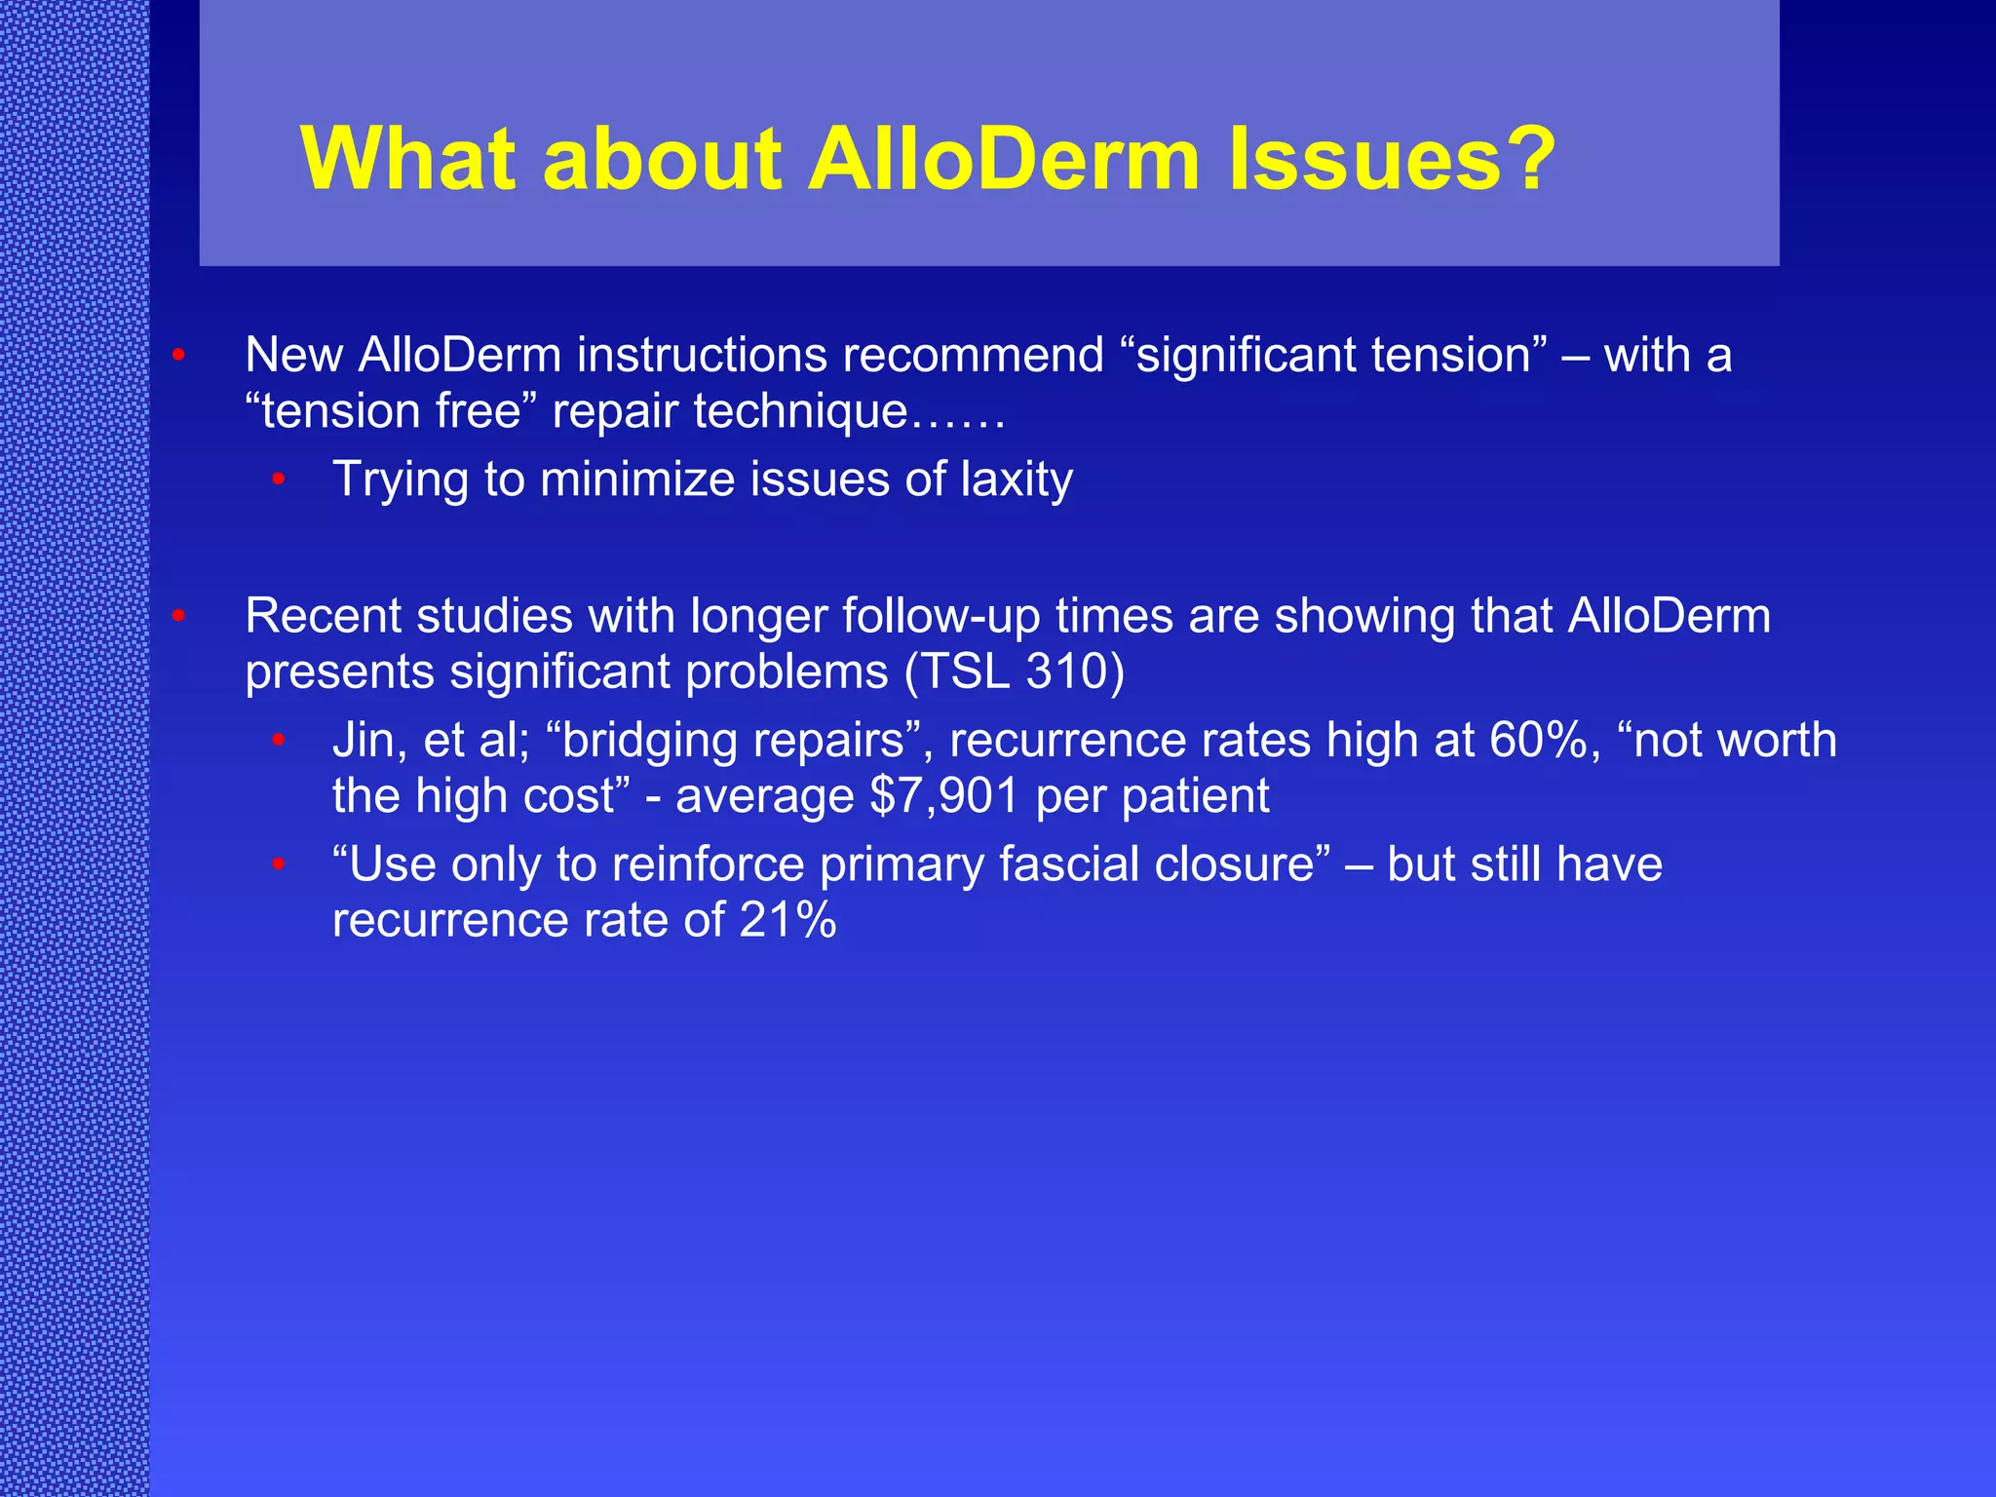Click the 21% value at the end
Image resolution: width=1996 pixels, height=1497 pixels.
(787, 920)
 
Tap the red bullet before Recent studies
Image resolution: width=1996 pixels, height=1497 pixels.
(178, 616)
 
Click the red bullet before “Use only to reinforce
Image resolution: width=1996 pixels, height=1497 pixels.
(279, 864)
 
